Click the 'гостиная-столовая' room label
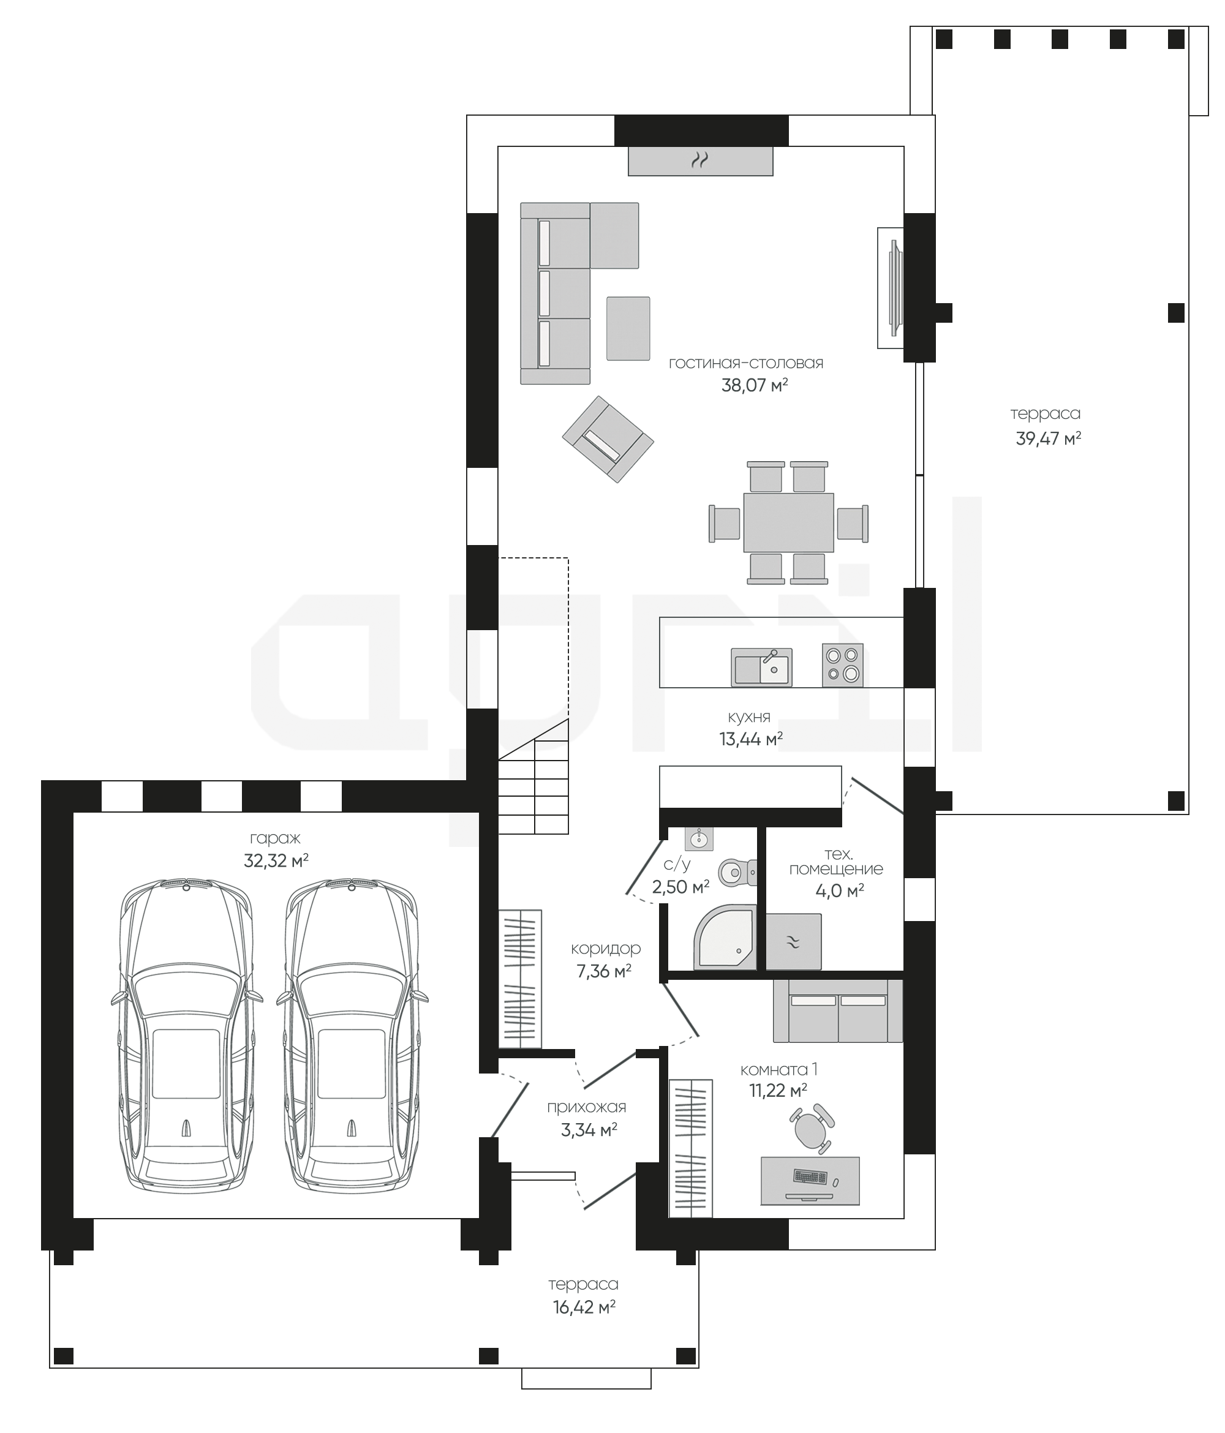pyautogui.click(x=745, y=363)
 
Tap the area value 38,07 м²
pyautogui.click(x=755, y=385)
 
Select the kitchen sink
pyautogui.click(x=761, y=668)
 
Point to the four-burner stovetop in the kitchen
pyautogui.click(x=842, y=664)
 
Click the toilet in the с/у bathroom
pyautogui.click(x=737, y=873)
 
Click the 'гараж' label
pyautogui.click(x=275, y=839)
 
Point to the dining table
pyautogui.click(x=788, y=522)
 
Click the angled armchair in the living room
pyautogui.click(x=608, y=439)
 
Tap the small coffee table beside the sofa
pyautogui.click(x=628, y=328)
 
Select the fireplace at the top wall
pyautogui.click(x=700, y=161)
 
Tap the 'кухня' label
pyautogui.click(x=749, y=717)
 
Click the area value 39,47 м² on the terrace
pyautogui.click(x=1048, y=438)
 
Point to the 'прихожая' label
pyautogui.click(x=587, y=1107)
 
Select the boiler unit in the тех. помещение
pyautogui.click(x=793, y=941)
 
